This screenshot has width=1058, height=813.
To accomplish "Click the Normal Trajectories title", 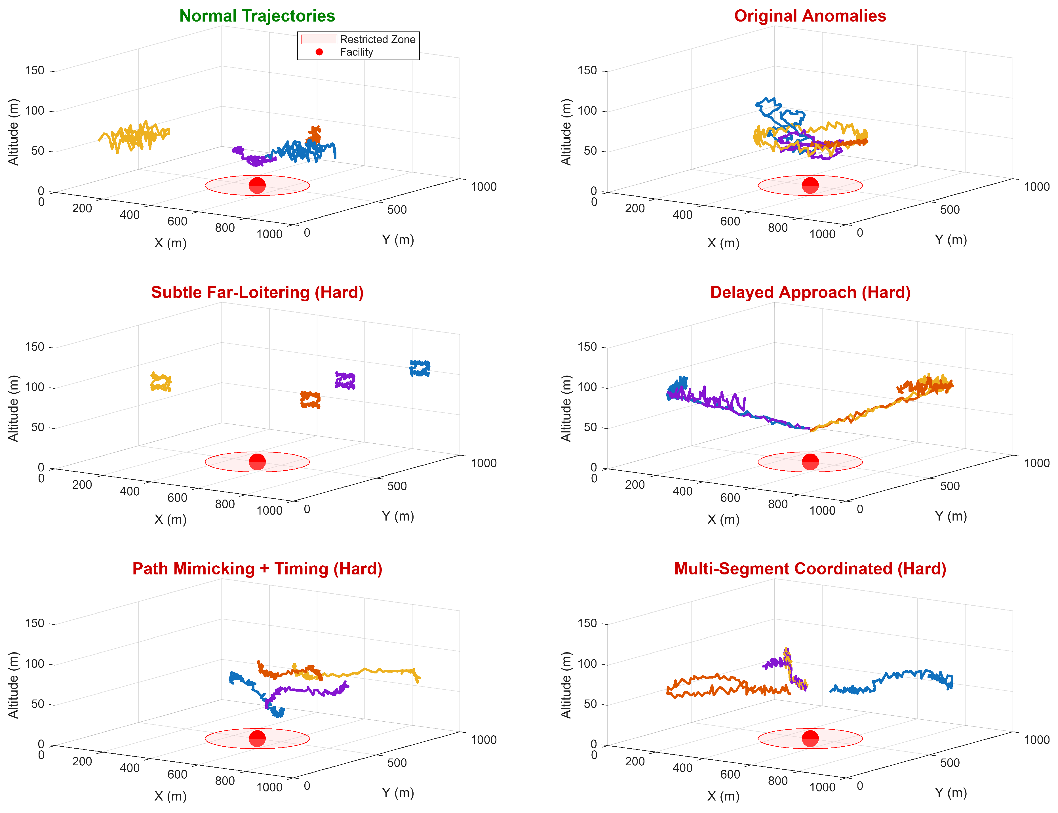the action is (257, 16).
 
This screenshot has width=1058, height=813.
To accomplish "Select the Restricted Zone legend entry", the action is (358, 39).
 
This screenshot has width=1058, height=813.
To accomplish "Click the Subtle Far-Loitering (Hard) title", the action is (257, 292).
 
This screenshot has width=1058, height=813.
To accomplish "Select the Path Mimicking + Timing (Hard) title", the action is (257, 568).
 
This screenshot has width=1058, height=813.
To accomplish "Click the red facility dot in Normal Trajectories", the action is (257, 185).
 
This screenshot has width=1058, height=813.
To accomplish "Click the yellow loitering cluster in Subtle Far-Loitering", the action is (161, 382).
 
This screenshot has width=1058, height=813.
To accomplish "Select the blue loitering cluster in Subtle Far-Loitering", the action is (420, 368).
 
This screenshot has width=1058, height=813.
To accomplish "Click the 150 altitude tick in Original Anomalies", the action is (587, 71).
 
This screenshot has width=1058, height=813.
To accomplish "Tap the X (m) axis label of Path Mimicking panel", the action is (170, 796).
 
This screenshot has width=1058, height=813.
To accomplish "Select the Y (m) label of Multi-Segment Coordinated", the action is (950, 793).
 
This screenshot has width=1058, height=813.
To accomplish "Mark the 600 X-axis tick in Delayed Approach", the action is (730, 498).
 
